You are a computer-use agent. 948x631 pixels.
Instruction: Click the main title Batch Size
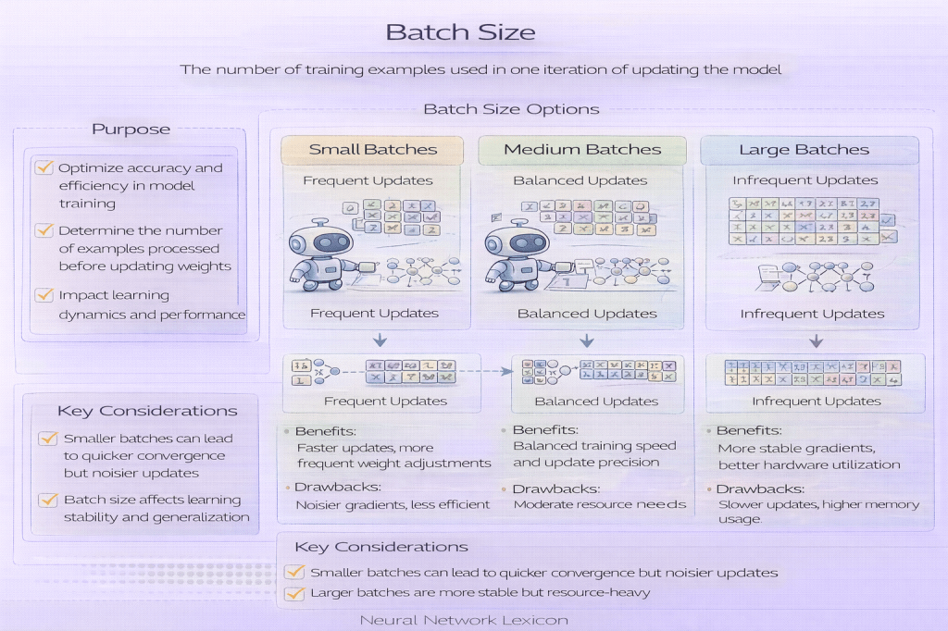click(x=460, y=32)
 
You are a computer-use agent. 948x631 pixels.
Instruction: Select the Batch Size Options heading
click(x=511, y=109)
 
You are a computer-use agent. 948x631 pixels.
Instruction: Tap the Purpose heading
click(x=131, y=129)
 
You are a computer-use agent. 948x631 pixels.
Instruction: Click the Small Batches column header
click(x=372, y=150)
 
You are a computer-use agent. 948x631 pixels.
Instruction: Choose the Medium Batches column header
click(x=582, y=150)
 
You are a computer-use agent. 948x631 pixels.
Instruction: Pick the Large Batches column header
click(x=804, y=150)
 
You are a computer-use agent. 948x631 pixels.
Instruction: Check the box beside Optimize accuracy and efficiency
click(x=44, y=168)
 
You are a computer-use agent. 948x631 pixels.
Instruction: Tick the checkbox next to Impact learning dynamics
click(x=44, y=295)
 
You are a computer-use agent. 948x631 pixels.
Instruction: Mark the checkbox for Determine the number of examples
click(x=44, y=230)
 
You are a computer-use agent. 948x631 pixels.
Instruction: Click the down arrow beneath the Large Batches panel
click(x=816, y=340)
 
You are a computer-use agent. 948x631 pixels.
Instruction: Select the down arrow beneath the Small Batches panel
click(x=380, y=340)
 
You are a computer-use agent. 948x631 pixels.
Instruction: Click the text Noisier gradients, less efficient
click(x=393, y=504)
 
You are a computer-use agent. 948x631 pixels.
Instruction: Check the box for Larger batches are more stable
click(x=295, y=593)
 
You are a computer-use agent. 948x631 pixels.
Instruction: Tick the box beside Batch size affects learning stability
click(x=48, y=500)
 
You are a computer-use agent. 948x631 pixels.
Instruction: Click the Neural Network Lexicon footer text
click(x=463, y=620)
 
